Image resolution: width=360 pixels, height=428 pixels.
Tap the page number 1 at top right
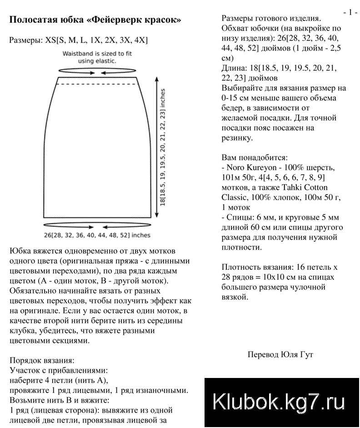point(350,12)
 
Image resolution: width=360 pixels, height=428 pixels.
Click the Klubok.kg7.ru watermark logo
point(279,402)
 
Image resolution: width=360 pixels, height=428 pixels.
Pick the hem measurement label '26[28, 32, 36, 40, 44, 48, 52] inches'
point(97,236)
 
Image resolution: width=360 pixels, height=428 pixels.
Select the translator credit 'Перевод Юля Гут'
point(280,354)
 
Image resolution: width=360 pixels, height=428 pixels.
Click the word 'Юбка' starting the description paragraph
point(19,251)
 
